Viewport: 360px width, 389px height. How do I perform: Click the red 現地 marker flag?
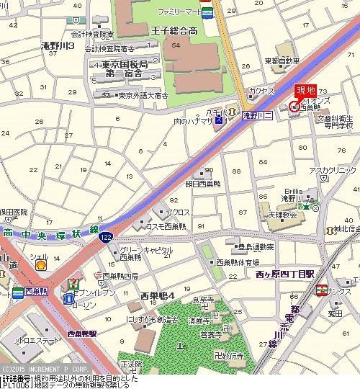click(306, 91)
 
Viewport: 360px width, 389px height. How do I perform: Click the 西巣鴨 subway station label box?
click(34, 292)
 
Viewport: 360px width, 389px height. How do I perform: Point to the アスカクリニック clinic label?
click(333, 170)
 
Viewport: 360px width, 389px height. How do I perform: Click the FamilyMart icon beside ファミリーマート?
click(207, 12)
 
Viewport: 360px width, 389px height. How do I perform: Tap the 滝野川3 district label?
click(58, 45)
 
